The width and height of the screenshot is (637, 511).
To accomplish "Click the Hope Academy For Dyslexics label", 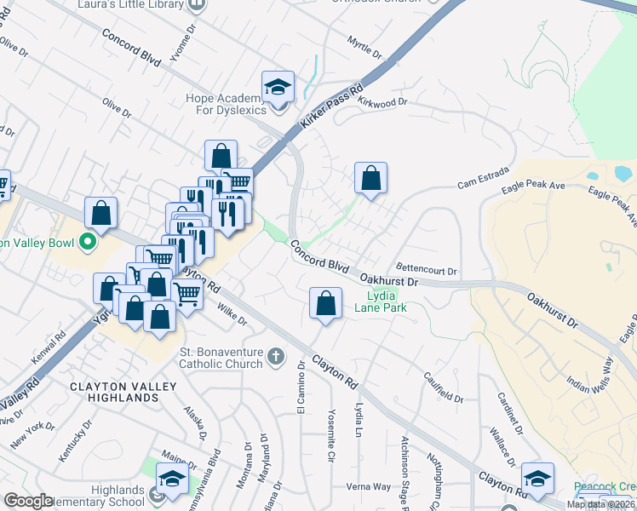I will tap(227, 104).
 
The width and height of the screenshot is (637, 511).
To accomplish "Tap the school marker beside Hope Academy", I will tap(278, 88).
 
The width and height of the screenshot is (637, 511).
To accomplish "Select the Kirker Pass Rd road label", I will tap(332, 106).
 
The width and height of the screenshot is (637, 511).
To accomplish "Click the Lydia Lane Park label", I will tap(381, 302).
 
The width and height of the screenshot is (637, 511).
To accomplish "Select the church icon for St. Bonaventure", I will tap(275, 356).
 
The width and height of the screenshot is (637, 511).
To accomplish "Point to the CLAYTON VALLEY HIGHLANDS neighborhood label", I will tap(123, 392).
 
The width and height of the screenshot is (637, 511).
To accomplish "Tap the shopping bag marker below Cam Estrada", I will tap(370, 179).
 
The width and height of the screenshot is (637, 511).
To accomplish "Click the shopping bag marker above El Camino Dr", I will tap(325, 303).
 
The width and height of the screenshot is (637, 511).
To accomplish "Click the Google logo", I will tap(28, 501).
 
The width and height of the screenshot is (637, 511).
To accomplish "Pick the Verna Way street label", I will tap(368, 487).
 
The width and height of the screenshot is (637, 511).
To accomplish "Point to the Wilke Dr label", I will tap(231, 314).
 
